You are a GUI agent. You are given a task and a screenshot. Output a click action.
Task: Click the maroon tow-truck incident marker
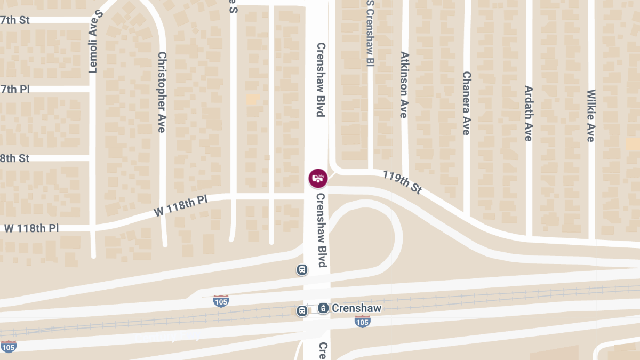318,178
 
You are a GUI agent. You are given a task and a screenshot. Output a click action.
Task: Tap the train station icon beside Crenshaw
323,308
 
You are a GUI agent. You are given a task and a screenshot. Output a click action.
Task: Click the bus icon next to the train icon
302,310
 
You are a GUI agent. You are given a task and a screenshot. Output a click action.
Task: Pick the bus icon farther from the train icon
302,270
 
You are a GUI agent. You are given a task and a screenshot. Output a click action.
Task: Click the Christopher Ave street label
162,92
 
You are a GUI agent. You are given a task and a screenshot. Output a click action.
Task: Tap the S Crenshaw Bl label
370,33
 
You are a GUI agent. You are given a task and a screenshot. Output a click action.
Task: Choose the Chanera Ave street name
466,103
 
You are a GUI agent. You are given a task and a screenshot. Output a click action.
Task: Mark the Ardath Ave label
528,113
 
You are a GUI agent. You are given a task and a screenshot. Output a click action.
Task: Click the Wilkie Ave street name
590,116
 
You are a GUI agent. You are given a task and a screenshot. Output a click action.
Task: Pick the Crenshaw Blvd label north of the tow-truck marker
320,79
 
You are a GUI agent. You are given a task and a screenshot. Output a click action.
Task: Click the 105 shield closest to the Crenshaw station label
362,322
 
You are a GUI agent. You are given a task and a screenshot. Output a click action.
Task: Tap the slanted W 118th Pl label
180,205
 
